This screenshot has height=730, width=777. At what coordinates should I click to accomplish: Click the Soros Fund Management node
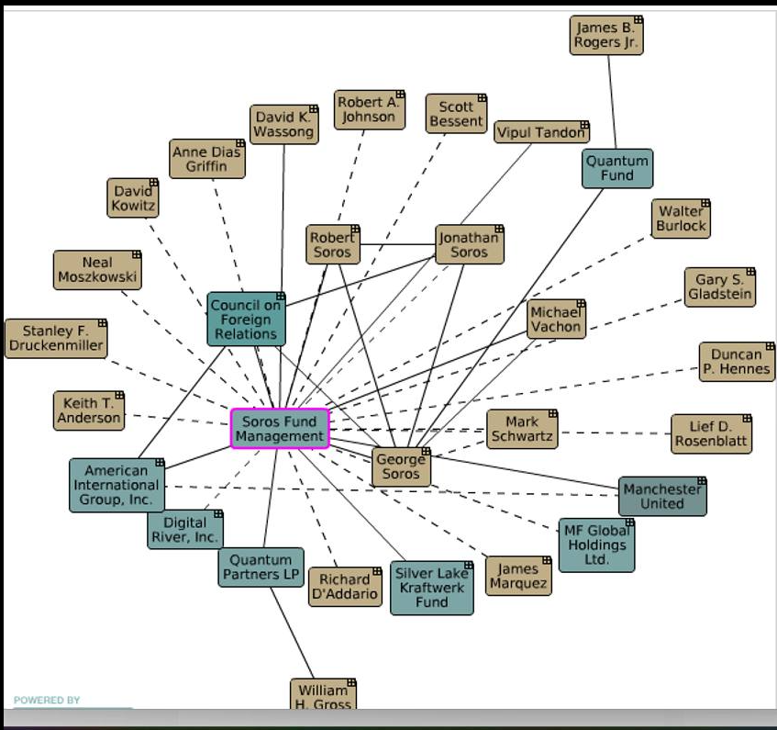(x=279, y=429)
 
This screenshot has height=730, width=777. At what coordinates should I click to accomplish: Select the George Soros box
(x=401, y=466)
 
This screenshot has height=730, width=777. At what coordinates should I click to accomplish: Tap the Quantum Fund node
(x=617, y=168)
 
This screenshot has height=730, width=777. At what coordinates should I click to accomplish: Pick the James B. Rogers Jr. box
(x=605, y=36)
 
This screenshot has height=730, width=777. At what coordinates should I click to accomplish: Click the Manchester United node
(x=661, y=496)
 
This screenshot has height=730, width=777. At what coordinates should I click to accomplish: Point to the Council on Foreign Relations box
(x=245, y=320)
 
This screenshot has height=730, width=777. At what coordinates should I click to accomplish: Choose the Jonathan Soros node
(x=469, y=244)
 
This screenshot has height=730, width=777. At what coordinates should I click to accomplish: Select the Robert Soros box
(x=332, y=245)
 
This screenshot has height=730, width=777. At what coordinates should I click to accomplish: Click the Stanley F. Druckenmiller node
(x=55, y=338)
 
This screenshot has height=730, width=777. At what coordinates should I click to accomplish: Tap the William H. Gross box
(x=323, y=695)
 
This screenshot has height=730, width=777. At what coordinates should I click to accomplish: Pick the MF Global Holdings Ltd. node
(x=596, y=545)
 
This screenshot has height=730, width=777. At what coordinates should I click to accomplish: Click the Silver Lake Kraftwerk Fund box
(x=431, y=588)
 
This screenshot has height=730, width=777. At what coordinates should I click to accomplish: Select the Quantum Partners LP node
(x=261, y=567)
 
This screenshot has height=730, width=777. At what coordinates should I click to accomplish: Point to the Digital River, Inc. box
(x=184, y=530)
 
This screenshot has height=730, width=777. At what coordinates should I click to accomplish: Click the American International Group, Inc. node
(x=117, y=485)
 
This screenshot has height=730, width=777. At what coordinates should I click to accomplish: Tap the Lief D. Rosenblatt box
(x=710, y=433)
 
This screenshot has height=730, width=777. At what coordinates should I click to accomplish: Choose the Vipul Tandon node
(x=540, y=132)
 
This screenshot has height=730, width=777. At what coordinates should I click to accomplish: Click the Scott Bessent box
(x=456, y=114)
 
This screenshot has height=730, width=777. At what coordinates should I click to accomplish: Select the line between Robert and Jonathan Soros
(x=397, y=244)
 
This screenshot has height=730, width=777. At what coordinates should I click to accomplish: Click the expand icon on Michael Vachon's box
(x=581, y=305)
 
